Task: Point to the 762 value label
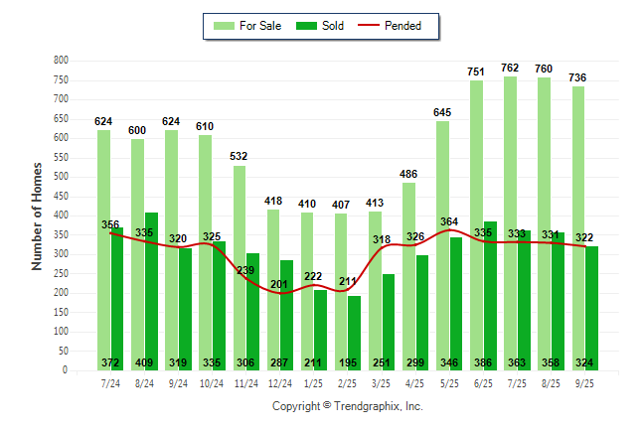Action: (x=510, y=68)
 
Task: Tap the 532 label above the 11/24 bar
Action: (x=240, y=156)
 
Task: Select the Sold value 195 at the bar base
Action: (x=355, y=361)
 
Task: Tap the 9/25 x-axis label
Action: (x=585, y=382)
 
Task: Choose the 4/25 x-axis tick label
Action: (x=415, y=382)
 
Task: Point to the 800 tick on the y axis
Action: (x=61, y=61)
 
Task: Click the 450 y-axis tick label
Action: (x=61, y=197)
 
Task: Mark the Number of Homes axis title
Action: (x=37, y=215)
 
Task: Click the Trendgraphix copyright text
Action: (x=348, y=406)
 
